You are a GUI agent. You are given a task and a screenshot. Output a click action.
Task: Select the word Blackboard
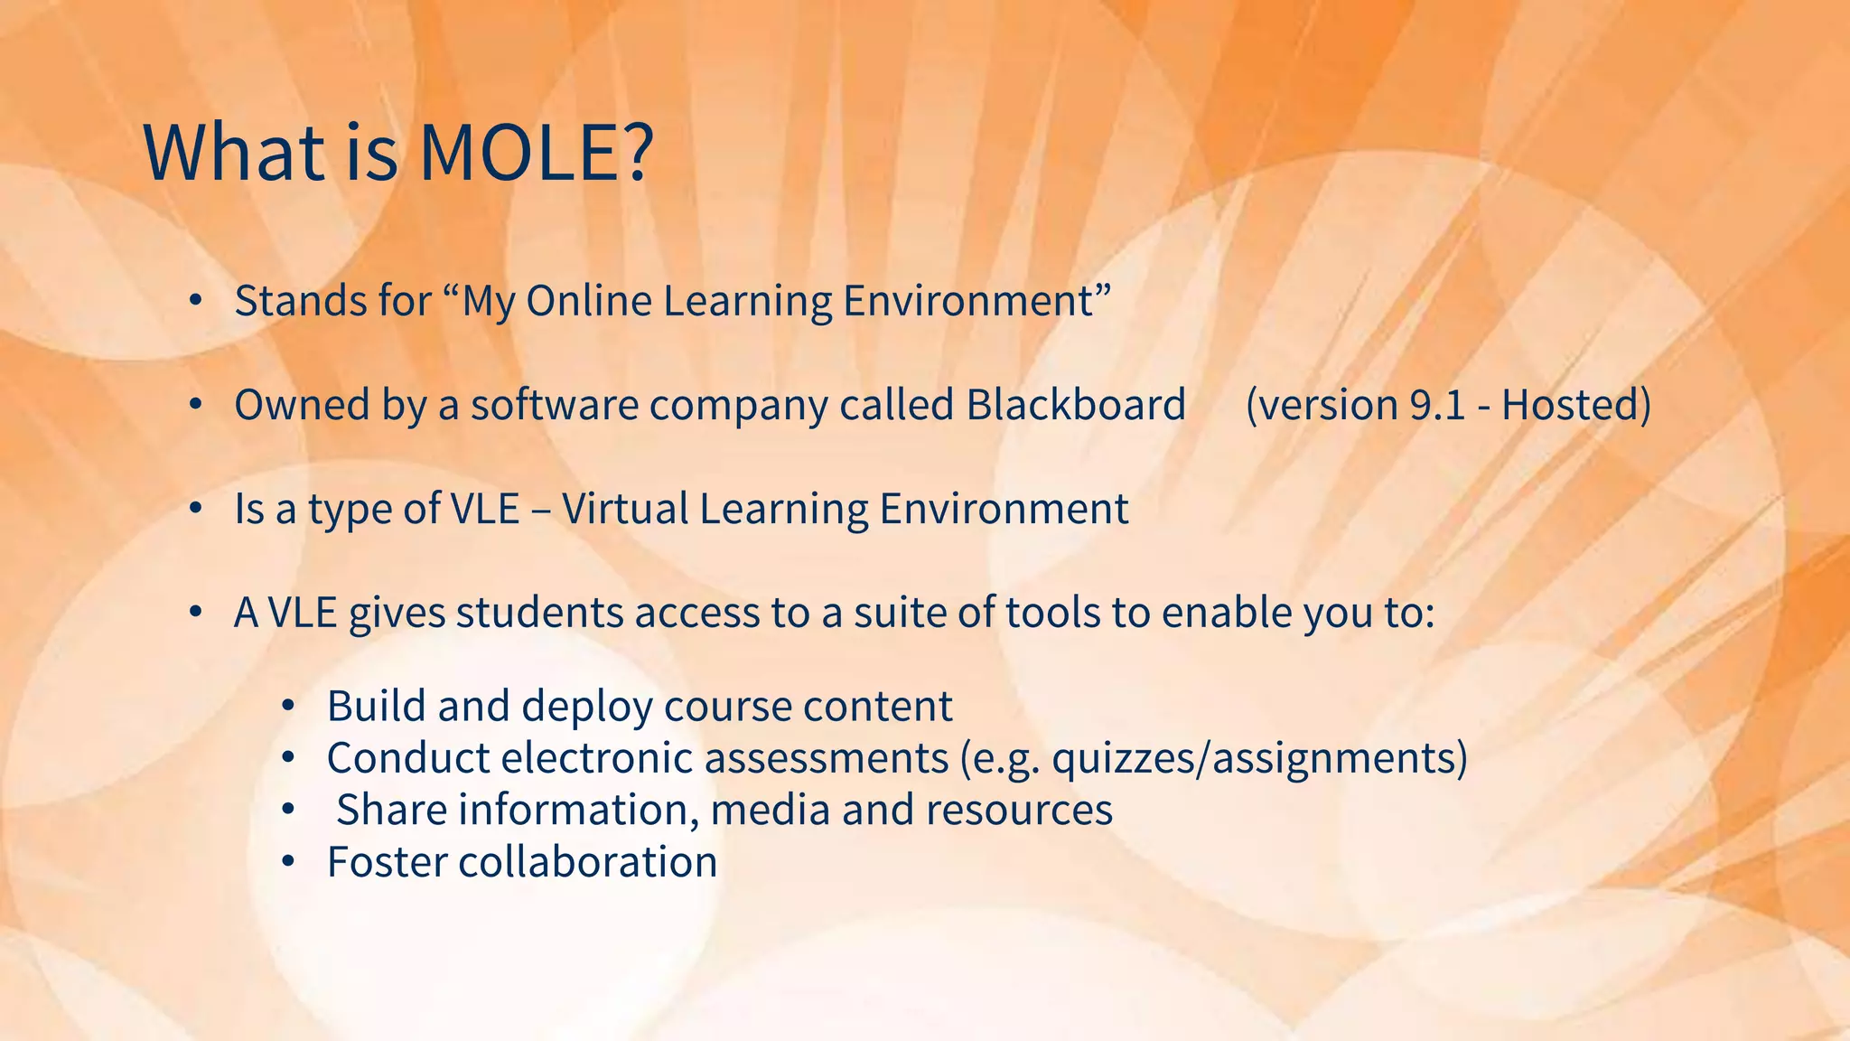coord(1075,404)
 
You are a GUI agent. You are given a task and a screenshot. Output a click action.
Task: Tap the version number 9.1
coord(1437,404)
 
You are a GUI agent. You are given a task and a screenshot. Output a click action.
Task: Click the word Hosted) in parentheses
coord(1576,404)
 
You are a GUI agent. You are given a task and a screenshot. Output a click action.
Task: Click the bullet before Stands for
coord(195,301)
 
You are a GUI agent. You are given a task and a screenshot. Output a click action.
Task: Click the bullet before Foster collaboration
coord(287,862)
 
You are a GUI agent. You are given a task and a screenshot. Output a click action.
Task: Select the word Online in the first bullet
coord(589,301)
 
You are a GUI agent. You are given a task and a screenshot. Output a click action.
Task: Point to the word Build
coord(376,706)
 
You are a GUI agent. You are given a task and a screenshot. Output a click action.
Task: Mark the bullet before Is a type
coord(195,509)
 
